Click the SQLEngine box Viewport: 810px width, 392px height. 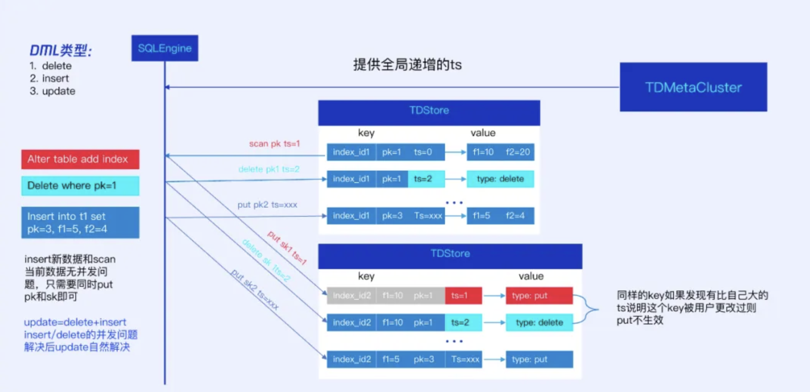(165, 48)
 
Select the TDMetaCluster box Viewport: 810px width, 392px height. (693, 87)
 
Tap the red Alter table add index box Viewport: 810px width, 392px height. (80, 159)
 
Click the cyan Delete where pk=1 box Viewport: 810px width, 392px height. (80, 186)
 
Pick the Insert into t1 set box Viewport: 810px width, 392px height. (80, 223)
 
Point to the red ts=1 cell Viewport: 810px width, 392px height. (463, 296)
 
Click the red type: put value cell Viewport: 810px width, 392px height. (539, 296)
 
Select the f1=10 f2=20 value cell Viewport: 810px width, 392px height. (500, 152)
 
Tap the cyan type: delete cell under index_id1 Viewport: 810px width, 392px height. (500, 179)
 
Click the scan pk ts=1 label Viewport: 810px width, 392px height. (274, 144)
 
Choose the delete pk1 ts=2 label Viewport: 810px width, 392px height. (269, 169)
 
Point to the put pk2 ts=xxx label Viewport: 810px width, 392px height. (267, 205)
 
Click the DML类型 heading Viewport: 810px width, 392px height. (61, 50)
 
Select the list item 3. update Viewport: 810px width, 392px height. (53, 91)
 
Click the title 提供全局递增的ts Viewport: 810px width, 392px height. (407, 65)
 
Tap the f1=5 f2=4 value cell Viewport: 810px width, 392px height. (500, 216)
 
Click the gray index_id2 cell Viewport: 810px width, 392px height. (352, 296)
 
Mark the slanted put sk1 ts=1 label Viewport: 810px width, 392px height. (287, 248)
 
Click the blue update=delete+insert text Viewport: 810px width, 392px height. (75, 322)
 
